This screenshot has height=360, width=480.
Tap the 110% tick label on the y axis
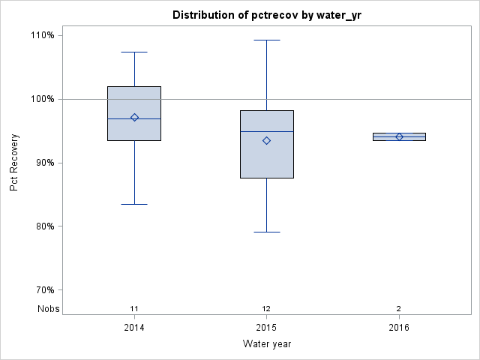click(x=42, y=35)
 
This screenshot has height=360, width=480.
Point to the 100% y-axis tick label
click(x=42, y=99)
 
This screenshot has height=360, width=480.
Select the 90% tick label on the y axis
click(x=43, y=163)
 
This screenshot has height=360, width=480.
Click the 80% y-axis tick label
click(x=43, y=226)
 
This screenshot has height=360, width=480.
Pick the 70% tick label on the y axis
click(x=43, y=290)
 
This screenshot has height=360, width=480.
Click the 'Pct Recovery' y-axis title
click(x=14, y=163)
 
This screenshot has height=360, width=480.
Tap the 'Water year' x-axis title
click(x=266, y=344)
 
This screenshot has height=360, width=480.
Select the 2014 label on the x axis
click(x=134, y=328)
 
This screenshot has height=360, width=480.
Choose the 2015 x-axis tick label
click(x=266, y=328)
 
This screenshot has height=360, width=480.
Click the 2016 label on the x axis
click(x=399, y=328)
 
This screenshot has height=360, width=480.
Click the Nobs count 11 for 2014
click(x=134, y=308)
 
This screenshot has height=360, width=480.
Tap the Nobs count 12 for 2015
click(x=266, y=308)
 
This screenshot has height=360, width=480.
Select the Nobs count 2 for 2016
click(x=399, y=308)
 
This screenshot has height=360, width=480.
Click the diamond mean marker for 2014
click(x=134, y=117)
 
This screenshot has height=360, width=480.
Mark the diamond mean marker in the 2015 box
click(x=266, y=140)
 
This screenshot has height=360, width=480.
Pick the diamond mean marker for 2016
click(x=399, y=136)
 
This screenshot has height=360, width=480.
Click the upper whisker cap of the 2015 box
click(x=266, y=40)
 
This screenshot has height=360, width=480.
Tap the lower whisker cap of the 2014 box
click(x=134, y=204)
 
